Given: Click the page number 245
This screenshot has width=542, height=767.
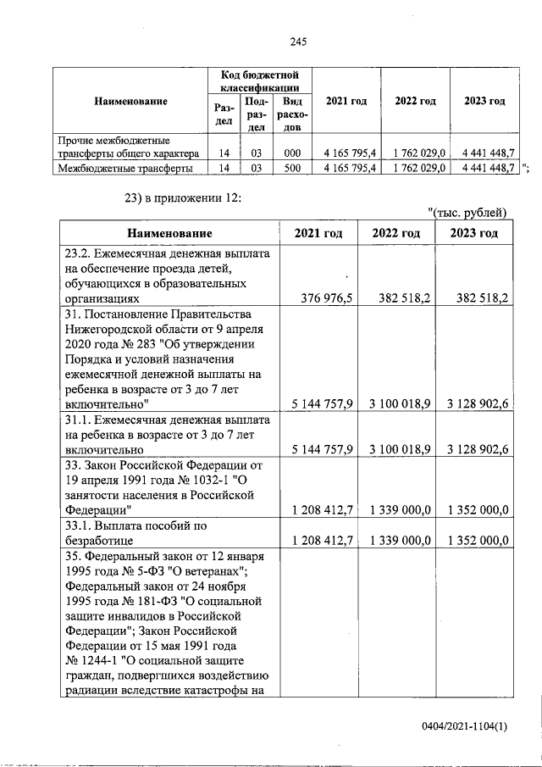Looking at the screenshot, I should (x=297, y=42).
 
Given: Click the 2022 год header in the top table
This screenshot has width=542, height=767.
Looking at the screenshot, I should (x=415, y=102).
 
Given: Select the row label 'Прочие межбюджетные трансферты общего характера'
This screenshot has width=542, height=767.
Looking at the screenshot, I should (x=127, y=147).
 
